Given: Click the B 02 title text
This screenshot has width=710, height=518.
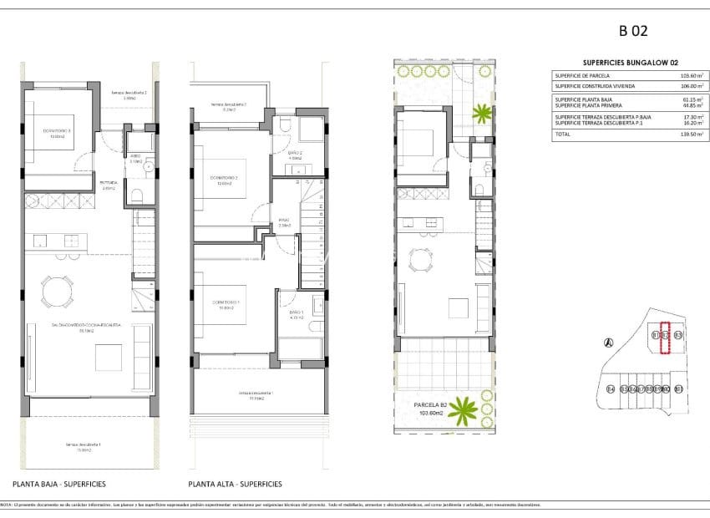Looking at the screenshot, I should [633, 33].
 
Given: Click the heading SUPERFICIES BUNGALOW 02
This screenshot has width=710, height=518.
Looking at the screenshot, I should [622, 63].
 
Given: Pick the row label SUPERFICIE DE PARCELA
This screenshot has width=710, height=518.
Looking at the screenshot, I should [583, 75].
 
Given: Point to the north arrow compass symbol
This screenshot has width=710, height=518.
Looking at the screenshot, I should [608, 341].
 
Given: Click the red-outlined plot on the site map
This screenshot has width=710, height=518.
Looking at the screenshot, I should [666, 338].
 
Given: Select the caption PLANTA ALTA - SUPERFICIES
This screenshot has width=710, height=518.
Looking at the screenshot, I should [236, 484].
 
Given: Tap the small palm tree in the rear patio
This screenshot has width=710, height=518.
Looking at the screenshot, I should [481, 112].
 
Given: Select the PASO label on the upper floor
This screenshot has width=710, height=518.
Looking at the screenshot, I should [284, 222].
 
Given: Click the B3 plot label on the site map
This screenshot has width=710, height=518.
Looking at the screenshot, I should [678, 336].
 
